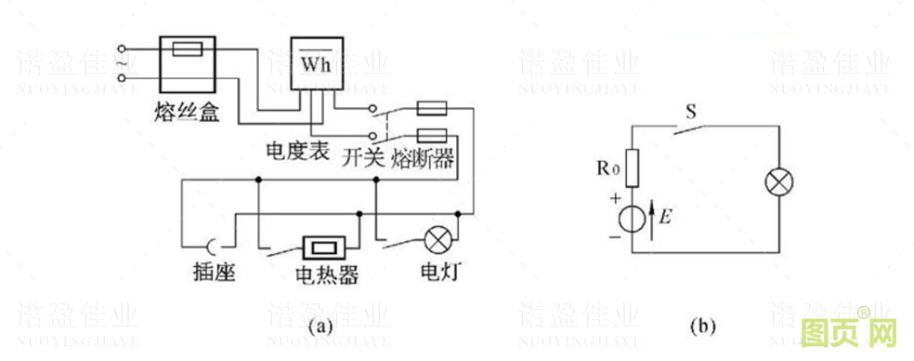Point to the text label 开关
click(x=362, y=156)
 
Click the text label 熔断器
click(x=424, y=156)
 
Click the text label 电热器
click(x=327, y=276)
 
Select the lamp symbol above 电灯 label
click(x=436, y=241)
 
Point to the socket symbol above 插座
click(x=212, y=247)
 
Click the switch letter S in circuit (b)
click(x=690, y=111)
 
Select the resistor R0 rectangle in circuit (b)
click(x=632, y=169)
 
